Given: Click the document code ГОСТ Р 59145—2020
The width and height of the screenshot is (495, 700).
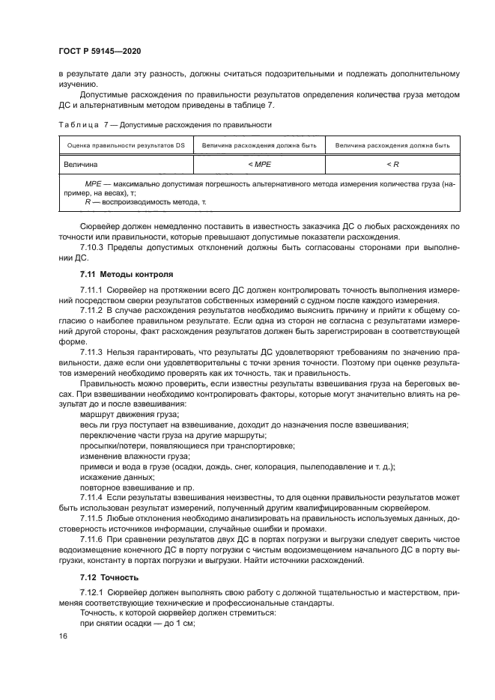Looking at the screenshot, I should click(x=100, y=51).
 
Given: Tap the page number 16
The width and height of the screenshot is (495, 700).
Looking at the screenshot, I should click(x=62, y=635).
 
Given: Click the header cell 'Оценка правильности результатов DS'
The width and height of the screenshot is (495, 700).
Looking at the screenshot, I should click(x=126, y=145).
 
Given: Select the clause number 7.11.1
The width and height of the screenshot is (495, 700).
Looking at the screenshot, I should click(x=93, y=290).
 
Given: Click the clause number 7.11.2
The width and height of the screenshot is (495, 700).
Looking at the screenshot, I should click(x=93, y=309).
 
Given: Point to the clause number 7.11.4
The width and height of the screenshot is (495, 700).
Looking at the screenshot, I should click(x=93, y=496).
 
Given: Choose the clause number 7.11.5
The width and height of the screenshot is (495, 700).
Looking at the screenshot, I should click(x=93, y=517).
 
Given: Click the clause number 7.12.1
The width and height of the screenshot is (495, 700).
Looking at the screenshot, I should click(x=93, y=592).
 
